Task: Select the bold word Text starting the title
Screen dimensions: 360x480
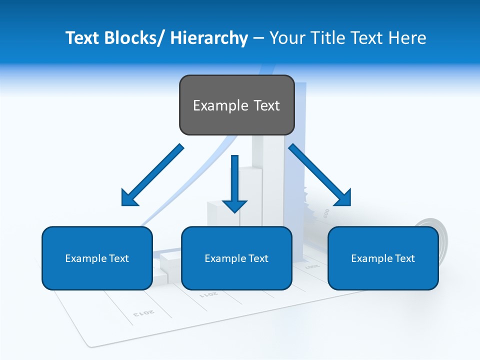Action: [82, 38]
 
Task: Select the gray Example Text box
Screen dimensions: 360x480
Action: [236, 105]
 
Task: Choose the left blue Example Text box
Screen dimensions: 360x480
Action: [97, 258]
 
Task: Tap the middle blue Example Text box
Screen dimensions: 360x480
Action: [236, 258]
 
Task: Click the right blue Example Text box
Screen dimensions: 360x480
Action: [383, 258]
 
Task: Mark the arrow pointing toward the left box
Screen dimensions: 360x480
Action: [151, 176]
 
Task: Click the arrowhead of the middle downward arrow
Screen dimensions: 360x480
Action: [234, 205]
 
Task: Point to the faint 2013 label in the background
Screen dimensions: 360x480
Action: [144, 313]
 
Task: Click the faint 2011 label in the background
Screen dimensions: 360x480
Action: [209, 294]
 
